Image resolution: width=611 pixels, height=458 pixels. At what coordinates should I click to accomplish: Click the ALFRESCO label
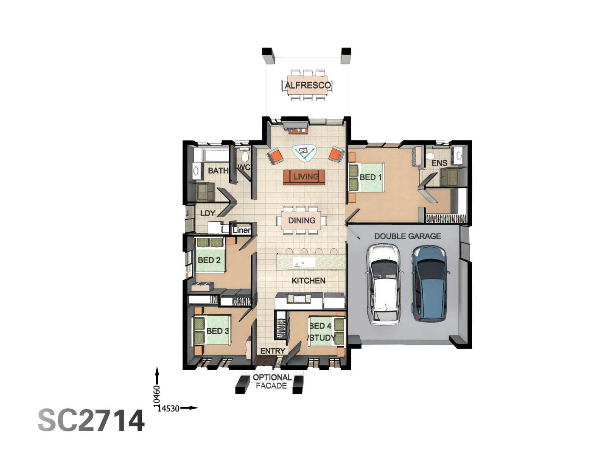coord(308,85)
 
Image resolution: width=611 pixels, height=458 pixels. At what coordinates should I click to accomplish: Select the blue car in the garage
coord(430,283)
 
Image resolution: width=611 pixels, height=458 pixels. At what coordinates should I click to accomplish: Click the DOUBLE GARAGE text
coord(407,236)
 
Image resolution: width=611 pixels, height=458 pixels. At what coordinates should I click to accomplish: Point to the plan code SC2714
coord(91,421)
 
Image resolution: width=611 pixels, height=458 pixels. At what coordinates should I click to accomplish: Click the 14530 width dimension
coord(168,408)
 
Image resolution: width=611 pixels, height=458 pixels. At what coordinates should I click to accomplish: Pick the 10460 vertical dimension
coord(157,394)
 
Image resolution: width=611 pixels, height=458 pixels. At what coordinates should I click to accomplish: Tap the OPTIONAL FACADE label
coord(272,382)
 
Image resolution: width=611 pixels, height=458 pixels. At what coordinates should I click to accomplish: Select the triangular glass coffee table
coord(304,152)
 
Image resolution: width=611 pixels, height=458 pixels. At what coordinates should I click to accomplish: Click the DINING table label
coord(302,221)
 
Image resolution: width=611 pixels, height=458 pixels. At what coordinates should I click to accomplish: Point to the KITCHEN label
coord(308,281)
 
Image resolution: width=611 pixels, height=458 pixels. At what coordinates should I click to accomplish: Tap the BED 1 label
coord(370,177)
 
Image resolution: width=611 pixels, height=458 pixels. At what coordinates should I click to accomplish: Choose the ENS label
coord(439,163)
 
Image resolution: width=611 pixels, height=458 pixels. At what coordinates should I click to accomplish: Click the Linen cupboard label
coord(241,230)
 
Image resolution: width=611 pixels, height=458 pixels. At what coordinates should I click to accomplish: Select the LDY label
coord(207,213)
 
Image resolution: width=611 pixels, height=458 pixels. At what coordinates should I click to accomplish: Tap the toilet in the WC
coord(244,156)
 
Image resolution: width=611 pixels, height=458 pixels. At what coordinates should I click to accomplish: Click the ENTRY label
coord(272,351)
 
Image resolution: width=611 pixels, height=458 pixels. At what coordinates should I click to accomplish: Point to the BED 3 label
coord(217,331)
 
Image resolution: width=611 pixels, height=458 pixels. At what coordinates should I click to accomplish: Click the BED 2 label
coord(209,260)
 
